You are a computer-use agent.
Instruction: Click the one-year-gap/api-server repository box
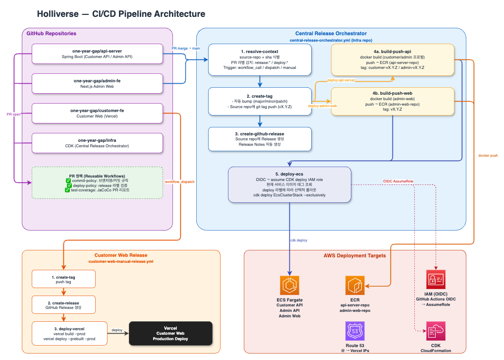pyautogui.click(x=97, y=54)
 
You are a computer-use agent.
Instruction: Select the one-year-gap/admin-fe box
pyautogui.click(x=97, y=83)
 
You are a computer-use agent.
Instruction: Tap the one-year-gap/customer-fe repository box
pyautogui.click(x=97, y=113)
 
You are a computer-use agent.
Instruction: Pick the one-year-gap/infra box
pyautogui.click(x=97, y=143)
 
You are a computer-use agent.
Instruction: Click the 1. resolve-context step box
pyautogui.click(x=260, y=60)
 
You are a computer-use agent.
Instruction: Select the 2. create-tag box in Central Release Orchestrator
pyautogui.click(x=260, y=101)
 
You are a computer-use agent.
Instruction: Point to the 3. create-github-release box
pyautogui.click(x=260, y=139)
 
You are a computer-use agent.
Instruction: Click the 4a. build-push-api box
pyautogui.click(x=392, y=60)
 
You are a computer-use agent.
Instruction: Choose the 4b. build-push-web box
pyautogui.click(x=392, y=101)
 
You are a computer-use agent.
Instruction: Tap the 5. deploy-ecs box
pyautogui.click(x=289, y=184)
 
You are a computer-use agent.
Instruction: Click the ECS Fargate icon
pyautogui.click(x=290, y=285)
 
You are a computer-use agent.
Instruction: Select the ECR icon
pyautogui.click(x=355, y=285)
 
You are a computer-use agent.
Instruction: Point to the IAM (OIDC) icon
pyautogui.click(x=436, y=279)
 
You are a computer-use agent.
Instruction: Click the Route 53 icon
pyautogui.click(x=355, y=331)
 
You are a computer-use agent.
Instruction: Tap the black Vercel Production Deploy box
pyautogui.click(x=170, y=333)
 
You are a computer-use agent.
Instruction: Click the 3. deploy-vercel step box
pyautogui.click(x=69, y=333)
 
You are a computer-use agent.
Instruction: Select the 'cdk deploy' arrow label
pyautogui.click(x=299, y=240)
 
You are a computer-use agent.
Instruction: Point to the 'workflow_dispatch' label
pyautogui.click(x=179, y=181)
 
